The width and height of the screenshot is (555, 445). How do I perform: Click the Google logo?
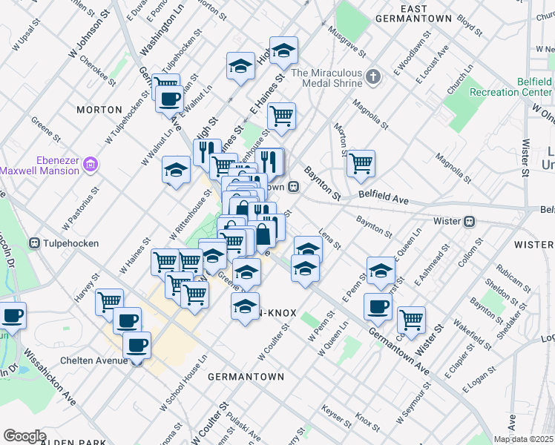24,436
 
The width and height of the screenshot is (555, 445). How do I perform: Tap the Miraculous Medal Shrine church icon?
373,76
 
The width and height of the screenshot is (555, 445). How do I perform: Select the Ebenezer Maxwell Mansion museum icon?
91,163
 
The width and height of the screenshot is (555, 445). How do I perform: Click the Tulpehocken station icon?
34,243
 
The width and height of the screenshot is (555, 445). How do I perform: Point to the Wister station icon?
469,221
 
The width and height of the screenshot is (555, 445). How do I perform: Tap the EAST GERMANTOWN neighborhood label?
414,12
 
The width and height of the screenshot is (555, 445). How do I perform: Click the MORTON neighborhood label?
99,109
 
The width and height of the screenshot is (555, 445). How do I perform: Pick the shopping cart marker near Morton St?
361,162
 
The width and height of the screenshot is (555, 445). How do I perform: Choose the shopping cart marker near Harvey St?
109,300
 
